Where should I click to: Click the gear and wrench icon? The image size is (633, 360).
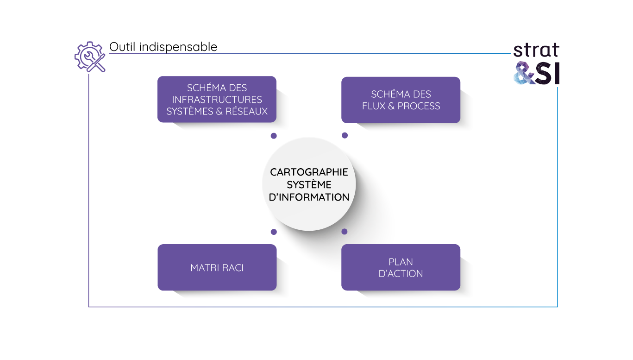pyautogui.click(x=90, y=57)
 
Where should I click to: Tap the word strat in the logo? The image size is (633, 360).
pyautogui.click(x=536, y=50)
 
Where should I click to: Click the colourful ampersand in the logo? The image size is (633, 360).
pyautogui.click(x=525, y=74)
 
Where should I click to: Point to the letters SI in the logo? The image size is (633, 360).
pyautogui.click(x=548, y=74)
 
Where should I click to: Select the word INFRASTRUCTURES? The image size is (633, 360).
pyautogui.click(x=217, y=100)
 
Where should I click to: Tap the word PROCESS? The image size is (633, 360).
pyautogui.click(x=419, y=106)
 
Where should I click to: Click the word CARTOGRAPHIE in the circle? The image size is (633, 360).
pyautogui.click(x=309, y=172)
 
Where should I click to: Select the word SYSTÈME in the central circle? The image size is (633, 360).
pyautogui.click(x=309, y=184)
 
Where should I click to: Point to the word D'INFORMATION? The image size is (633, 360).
pyautogui.click(x=309, y=197)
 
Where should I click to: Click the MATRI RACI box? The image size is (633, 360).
pyautogui.click(x=217, y=267)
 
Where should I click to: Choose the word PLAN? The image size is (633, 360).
pyautogui.click(x=401, y=262)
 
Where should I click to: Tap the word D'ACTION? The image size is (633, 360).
pyautogui.click(x=401, y=274)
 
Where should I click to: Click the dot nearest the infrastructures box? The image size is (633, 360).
pyautogui.click(x=274, y=136)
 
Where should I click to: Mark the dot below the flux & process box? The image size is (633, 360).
pyautogui.click(x=345, y=135)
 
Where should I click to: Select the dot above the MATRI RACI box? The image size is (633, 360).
pyautogui.click(x=274, y=232)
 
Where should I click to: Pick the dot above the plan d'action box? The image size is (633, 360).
pyautogui.click(x=344, y=231)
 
